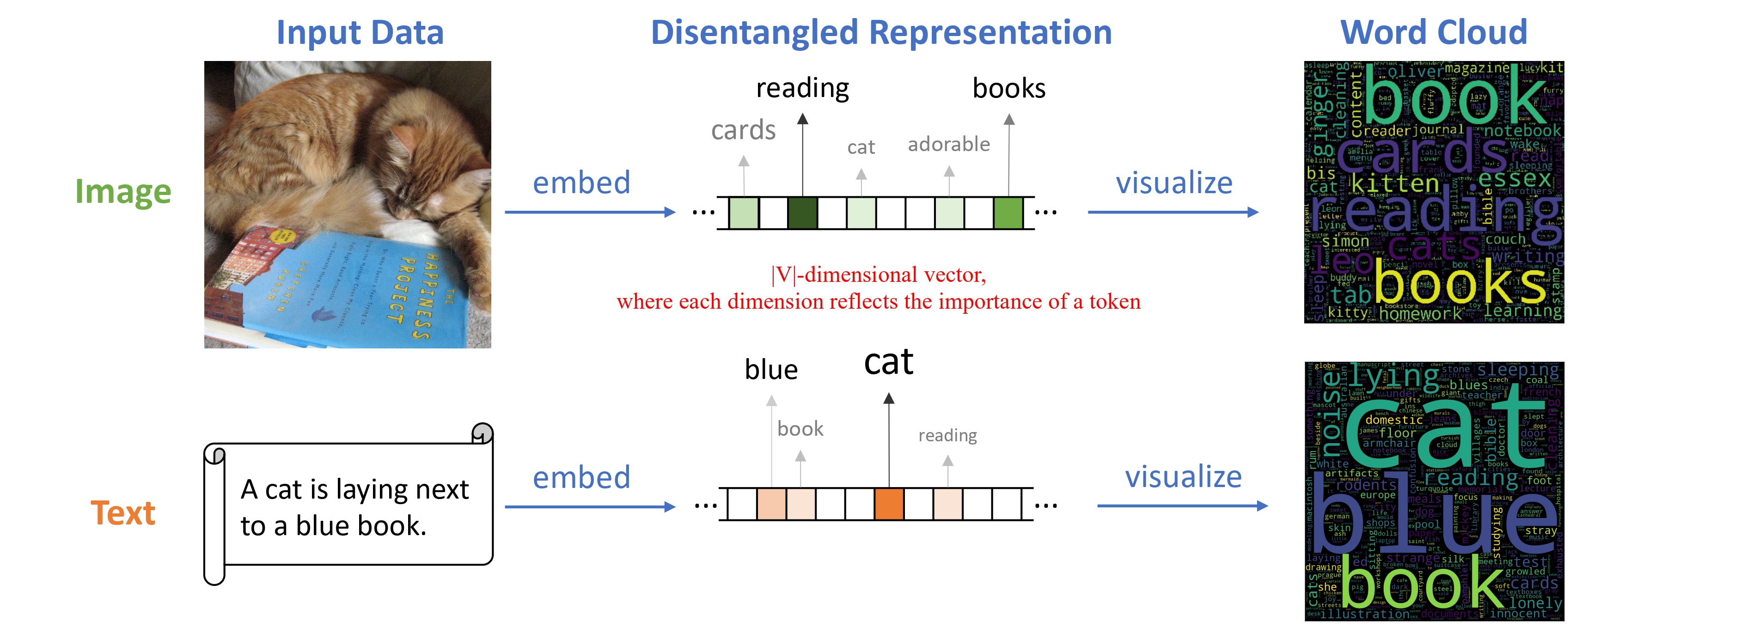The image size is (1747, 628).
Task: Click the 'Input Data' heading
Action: coord(360,32)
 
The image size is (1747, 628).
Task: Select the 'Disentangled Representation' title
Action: coord(881,32)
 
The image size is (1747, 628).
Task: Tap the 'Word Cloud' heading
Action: coord(1434,32)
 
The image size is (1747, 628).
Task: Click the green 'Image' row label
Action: coord(123,192)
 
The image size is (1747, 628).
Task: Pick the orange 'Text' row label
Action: coord(123,513)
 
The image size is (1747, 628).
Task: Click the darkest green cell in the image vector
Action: coord(802,212)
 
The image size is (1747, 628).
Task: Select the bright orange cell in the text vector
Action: coord(888,504)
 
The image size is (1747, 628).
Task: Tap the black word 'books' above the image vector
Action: coord(1008,88)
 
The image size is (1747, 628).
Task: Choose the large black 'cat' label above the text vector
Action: coord(888,362)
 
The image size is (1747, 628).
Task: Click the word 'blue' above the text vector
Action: coord(771,370)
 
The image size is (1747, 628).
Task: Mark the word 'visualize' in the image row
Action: coord(1174,183)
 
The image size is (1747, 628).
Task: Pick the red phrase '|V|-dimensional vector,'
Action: coord(878,274)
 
